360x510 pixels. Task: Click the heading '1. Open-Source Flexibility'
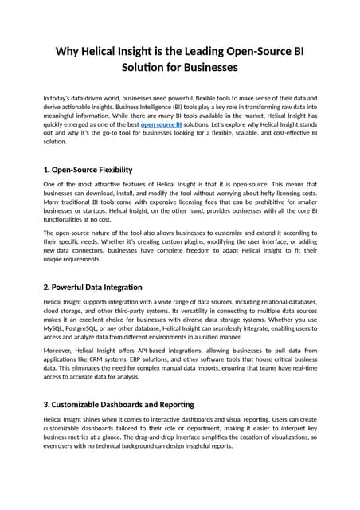point(88,170)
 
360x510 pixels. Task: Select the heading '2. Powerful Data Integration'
point(92,286)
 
